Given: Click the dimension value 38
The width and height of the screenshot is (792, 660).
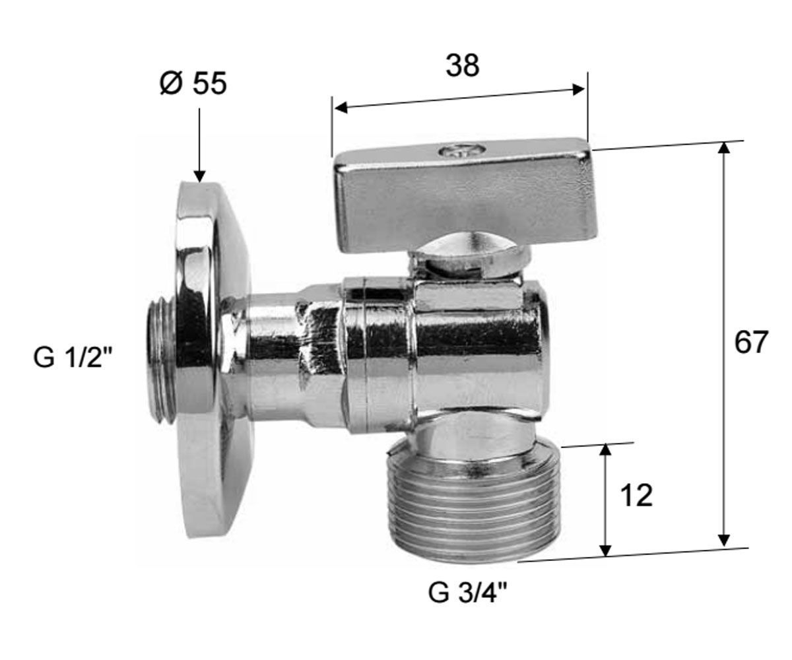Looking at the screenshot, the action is click(463, 65).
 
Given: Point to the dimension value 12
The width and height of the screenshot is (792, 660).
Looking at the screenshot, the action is click(636, 496).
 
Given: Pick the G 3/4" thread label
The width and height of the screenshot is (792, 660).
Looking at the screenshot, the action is click(468, 593).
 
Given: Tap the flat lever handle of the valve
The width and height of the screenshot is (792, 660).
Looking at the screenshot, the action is click(465, 197).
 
